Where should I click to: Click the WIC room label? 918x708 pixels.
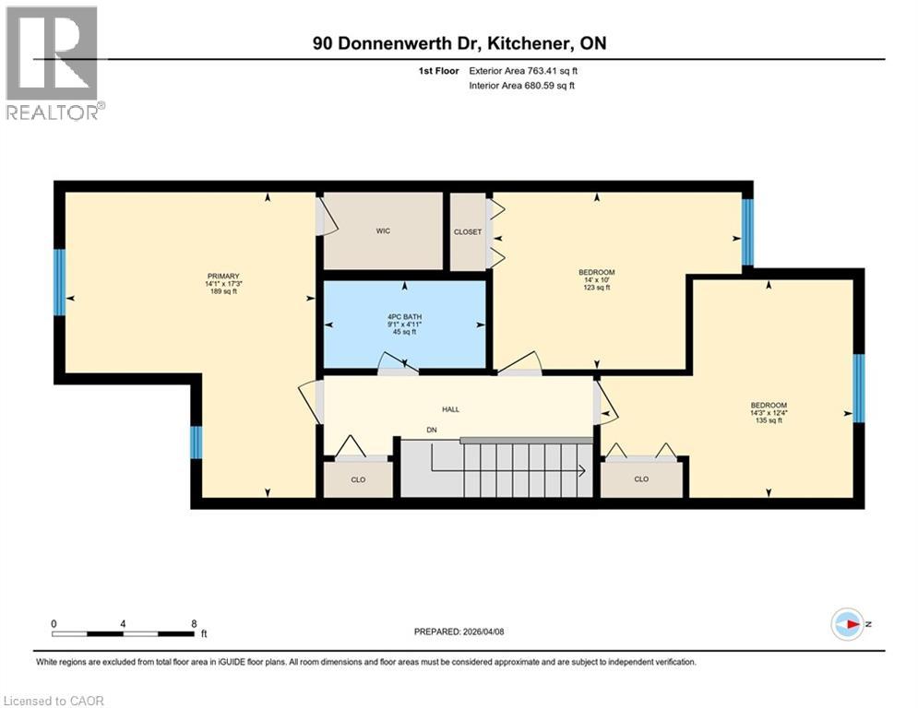(383, 231)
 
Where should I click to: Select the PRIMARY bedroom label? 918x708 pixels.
(223, 277)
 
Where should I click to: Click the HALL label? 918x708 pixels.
(450, 409)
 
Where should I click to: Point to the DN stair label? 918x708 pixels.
(431, 431)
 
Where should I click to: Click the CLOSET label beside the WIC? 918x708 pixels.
(468, 232)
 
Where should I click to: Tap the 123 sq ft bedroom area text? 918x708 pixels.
(596, 289)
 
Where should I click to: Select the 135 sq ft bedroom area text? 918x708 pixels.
(768, 421)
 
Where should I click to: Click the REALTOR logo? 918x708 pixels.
(54, 63)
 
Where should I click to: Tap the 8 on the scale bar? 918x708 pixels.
(193, 623)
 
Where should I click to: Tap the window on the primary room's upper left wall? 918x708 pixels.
(60, 282)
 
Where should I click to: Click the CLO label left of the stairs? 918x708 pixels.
(357, 479)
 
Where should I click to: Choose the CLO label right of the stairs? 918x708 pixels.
(641, 479)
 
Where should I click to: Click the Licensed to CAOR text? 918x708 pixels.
(54, 701)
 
